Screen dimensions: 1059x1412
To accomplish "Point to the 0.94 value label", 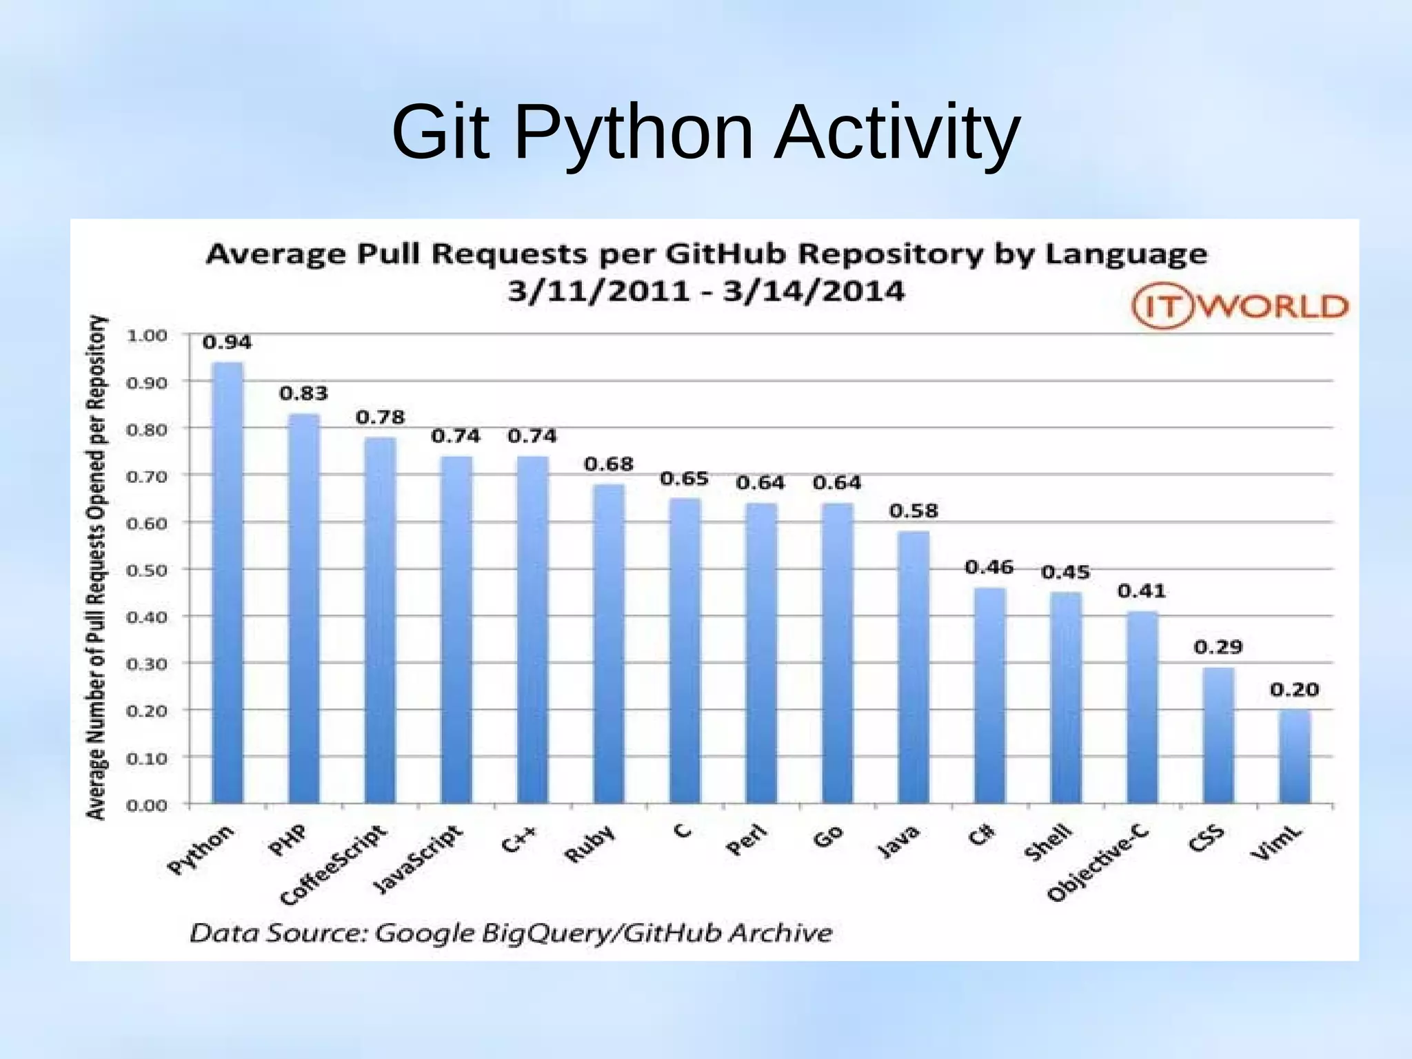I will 228,342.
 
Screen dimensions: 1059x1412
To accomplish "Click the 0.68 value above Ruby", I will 609,464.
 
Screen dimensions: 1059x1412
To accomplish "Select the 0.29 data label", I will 1218,647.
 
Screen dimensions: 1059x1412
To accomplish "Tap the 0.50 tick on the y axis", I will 147,570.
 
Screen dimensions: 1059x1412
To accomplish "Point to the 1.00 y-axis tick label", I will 147,336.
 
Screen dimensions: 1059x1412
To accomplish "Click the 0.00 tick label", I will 147,805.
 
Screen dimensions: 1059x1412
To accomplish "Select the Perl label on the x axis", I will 747,841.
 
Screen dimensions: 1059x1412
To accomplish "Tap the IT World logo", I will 1240,307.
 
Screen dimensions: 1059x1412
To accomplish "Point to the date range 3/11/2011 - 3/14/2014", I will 706,291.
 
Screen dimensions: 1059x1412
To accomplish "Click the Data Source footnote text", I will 511,934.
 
